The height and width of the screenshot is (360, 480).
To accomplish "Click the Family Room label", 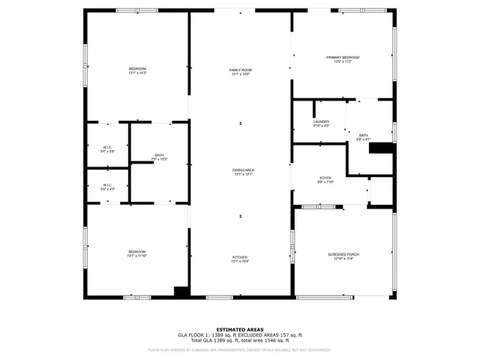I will (240, 71).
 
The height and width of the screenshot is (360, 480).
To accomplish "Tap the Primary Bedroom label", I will (343, 59).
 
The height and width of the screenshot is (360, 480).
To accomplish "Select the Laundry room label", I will (321, 123).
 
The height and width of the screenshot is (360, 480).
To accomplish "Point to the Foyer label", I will (325, 180).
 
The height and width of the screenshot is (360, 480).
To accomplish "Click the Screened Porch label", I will (343, 256).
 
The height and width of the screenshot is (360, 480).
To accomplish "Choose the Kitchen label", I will (240, 259).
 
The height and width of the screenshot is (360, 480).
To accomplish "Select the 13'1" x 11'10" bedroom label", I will (136, 253).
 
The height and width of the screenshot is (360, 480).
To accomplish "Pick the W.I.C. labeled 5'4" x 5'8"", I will (107, 149).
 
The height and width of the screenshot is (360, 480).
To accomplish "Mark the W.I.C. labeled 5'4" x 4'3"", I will (107, 187).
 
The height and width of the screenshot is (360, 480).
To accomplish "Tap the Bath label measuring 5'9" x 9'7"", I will (363, 137).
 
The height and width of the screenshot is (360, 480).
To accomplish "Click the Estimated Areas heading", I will (240, 329).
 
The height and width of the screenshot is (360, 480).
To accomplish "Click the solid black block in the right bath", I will (382, 148).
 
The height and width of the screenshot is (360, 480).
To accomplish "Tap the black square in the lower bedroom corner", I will (181, 291).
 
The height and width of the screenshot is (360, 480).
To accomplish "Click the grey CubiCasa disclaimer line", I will (240, 349).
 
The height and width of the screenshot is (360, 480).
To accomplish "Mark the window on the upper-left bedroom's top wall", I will (136, 10).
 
